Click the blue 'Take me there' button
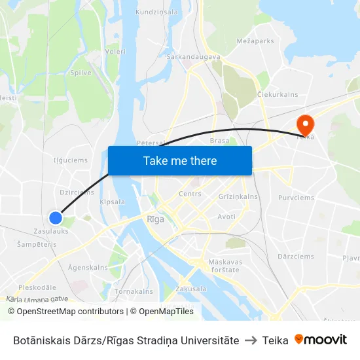tap(180, 161)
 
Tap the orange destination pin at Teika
tap(305, 123)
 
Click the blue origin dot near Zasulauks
tap(56, 218)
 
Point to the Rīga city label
tap(156, 219)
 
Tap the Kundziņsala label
tap(156, 12)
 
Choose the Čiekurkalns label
tap(278, 94)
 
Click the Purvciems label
tap(296, 198)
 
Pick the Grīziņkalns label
tap(238, 196)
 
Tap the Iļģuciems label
tap(70, 160)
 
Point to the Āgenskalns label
tap(88, 268)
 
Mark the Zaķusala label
tap(191, 289)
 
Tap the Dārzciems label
tap(296, 257)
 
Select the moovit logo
tap(321, 340)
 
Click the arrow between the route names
tap(251, 340)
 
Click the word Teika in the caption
tap(275, 340)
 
